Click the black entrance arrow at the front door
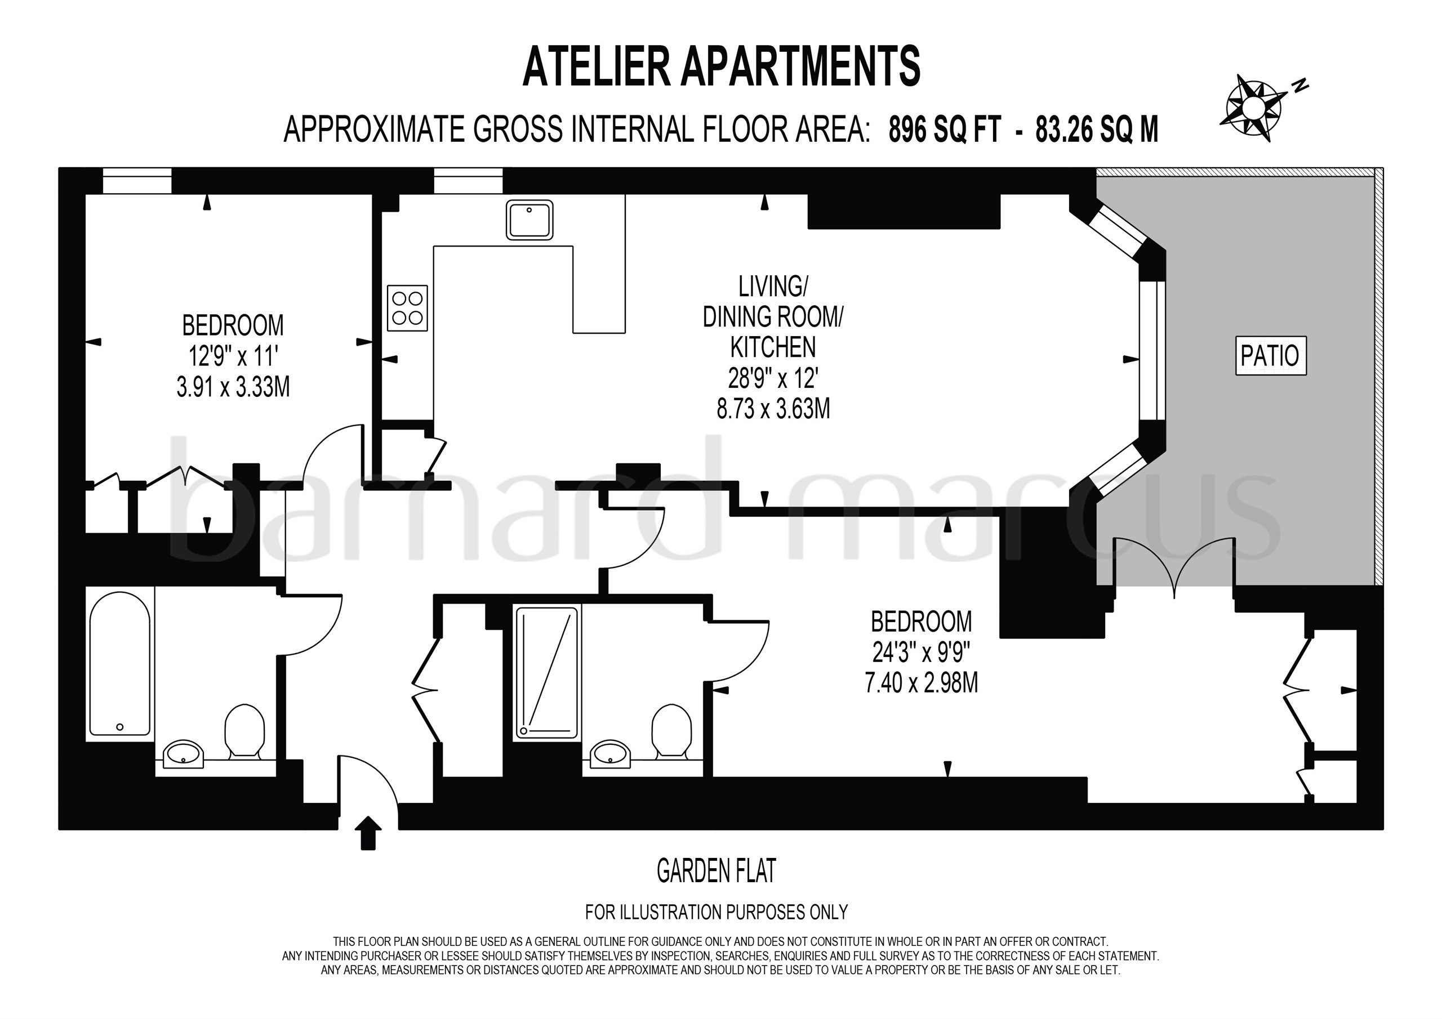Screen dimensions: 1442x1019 [x=368, y=833]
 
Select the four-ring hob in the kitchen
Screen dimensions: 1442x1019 [x=407, y=307]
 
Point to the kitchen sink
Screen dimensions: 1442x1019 [x=529, y=220]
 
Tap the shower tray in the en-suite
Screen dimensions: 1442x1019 [x=546, y=672]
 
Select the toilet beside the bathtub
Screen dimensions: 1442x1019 [x=244, y=730]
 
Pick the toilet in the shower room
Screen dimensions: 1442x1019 [x=671, y=730]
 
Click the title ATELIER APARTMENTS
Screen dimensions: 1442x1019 [x=721, y=66]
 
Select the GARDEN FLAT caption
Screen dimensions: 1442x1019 [x=716, y=871]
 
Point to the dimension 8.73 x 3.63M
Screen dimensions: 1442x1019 [x=773, y=409]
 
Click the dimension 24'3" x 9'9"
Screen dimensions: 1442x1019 [x=922, y=654]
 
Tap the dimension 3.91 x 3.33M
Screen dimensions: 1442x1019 [x=233, y=387]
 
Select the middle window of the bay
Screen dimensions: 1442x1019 [x=1152, y=350]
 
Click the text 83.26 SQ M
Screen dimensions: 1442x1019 [x=1097, y=130]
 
